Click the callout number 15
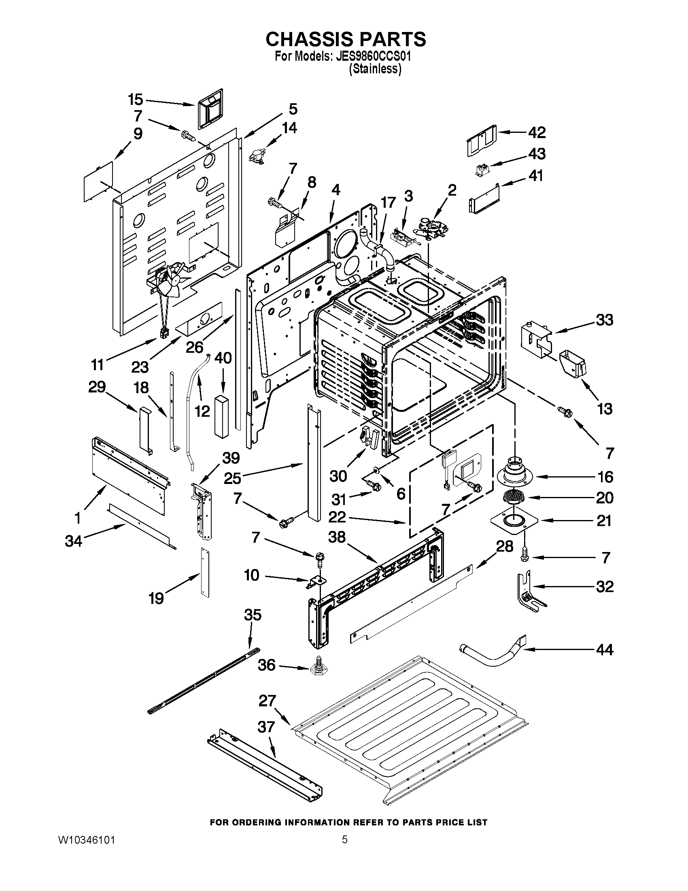[135, 100]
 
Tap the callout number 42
[537, 132]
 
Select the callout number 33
[605, 320]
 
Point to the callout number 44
[605, 650]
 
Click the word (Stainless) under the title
[375, 69]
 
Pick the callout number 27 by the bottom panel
[268, 701]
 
